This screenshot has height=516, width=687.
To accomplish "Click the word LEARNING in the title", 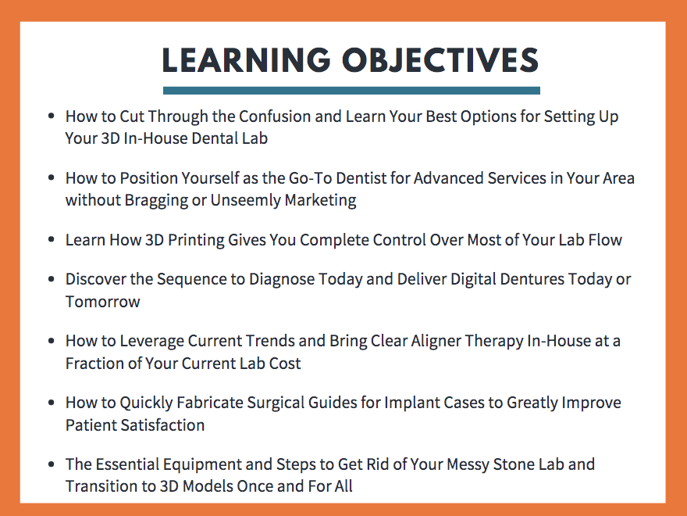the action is click(x=246, y=59).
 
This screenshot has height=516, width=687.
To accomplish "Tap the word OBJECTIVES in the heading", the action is click(x=440, y=59).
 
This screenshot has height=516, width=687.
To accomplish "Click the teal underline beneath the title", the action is click(x=351, y=91).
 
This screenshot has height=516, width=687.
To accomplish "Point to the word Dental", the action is click(x=215, y=138).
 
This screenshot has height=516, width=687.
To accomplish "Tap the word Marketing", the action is click(x=320, y=200).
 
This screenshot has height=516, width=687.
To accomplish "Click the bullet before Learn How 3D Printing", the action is click(x=52, y=239).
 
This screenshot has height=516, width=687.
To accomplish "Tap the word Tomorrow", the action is click(x=103, y=302).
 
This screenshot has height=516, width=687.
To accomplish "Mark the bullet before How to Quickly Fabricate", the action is click(x=52, y=403).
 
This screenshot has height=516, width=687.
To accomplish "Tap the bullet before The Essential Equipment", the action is click(x=52, y=464).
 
